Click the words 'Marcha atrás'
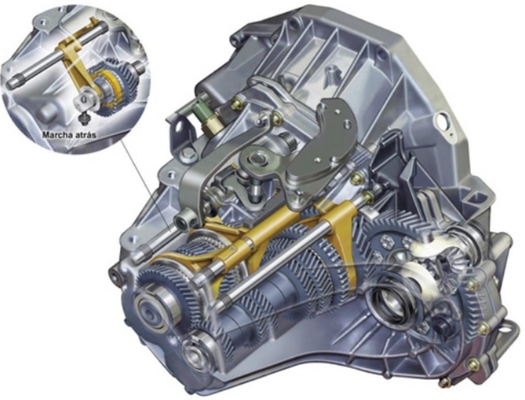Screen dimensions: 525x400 (x=70, y=135)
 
